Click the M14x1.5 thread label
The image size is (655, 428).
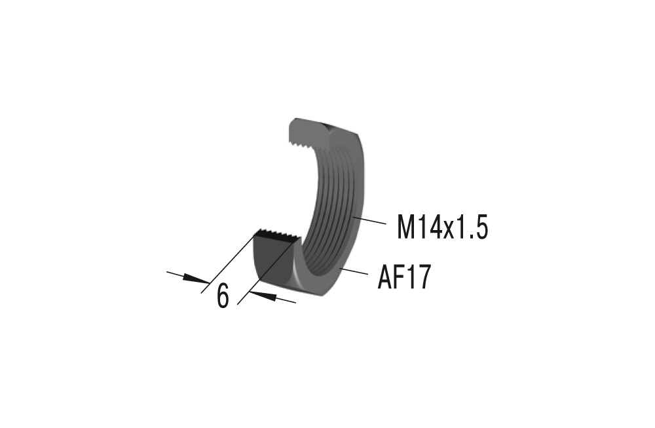(443, 227)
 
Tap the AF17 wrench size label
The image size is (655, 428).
(404, 278)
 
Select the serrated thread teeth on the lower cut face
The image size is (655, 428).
(278, 233)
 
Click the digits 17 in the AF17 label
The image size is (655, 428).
(419, 278)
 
